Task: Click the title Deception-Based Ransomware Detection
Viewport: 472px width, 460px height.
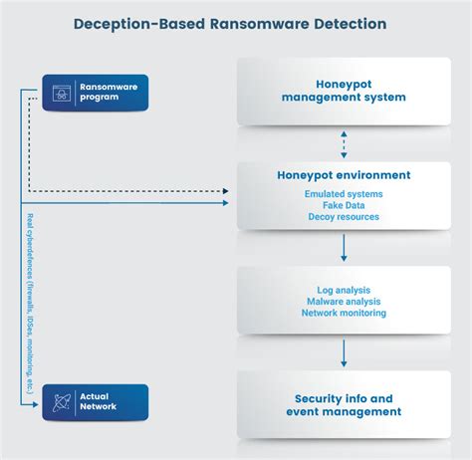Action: (x=236, y=22)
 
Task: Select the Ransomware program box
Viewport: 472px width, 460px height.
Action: (x=95, y=92)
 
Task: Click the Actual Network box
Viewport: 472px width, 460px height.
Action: (x=95, y=401)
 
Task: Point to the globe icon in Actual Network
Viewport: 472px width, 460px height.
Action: (x=61, y=401)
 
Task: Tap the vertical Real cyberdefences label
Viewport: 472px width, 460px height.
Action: (x=31, y=299)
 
